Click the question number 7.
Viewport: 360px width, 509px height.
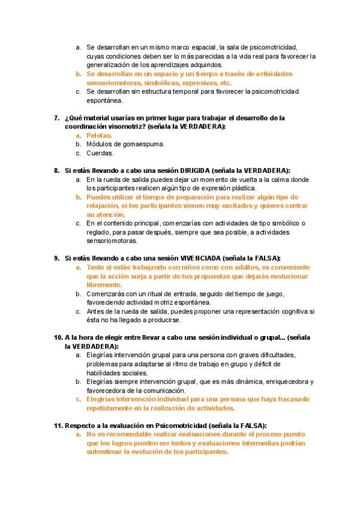point(57,118)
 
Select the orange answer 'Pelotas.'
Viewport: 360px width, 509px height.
point(99,136)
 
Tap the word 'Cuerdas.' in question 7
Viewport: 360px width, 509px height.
point(100,153)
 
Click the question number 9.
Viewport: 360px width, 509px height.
point(57,258)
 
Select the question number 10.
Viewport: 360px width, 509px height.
point(59,338)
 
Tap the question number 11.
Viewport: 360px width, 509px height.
point(58,425)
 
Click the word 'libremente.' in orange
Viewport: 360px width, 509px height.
point(106,285)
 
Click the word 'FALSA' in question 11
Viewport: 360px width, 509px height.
point(254,425)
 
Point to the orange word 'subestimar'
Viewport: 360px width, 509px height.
point(104,452)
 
